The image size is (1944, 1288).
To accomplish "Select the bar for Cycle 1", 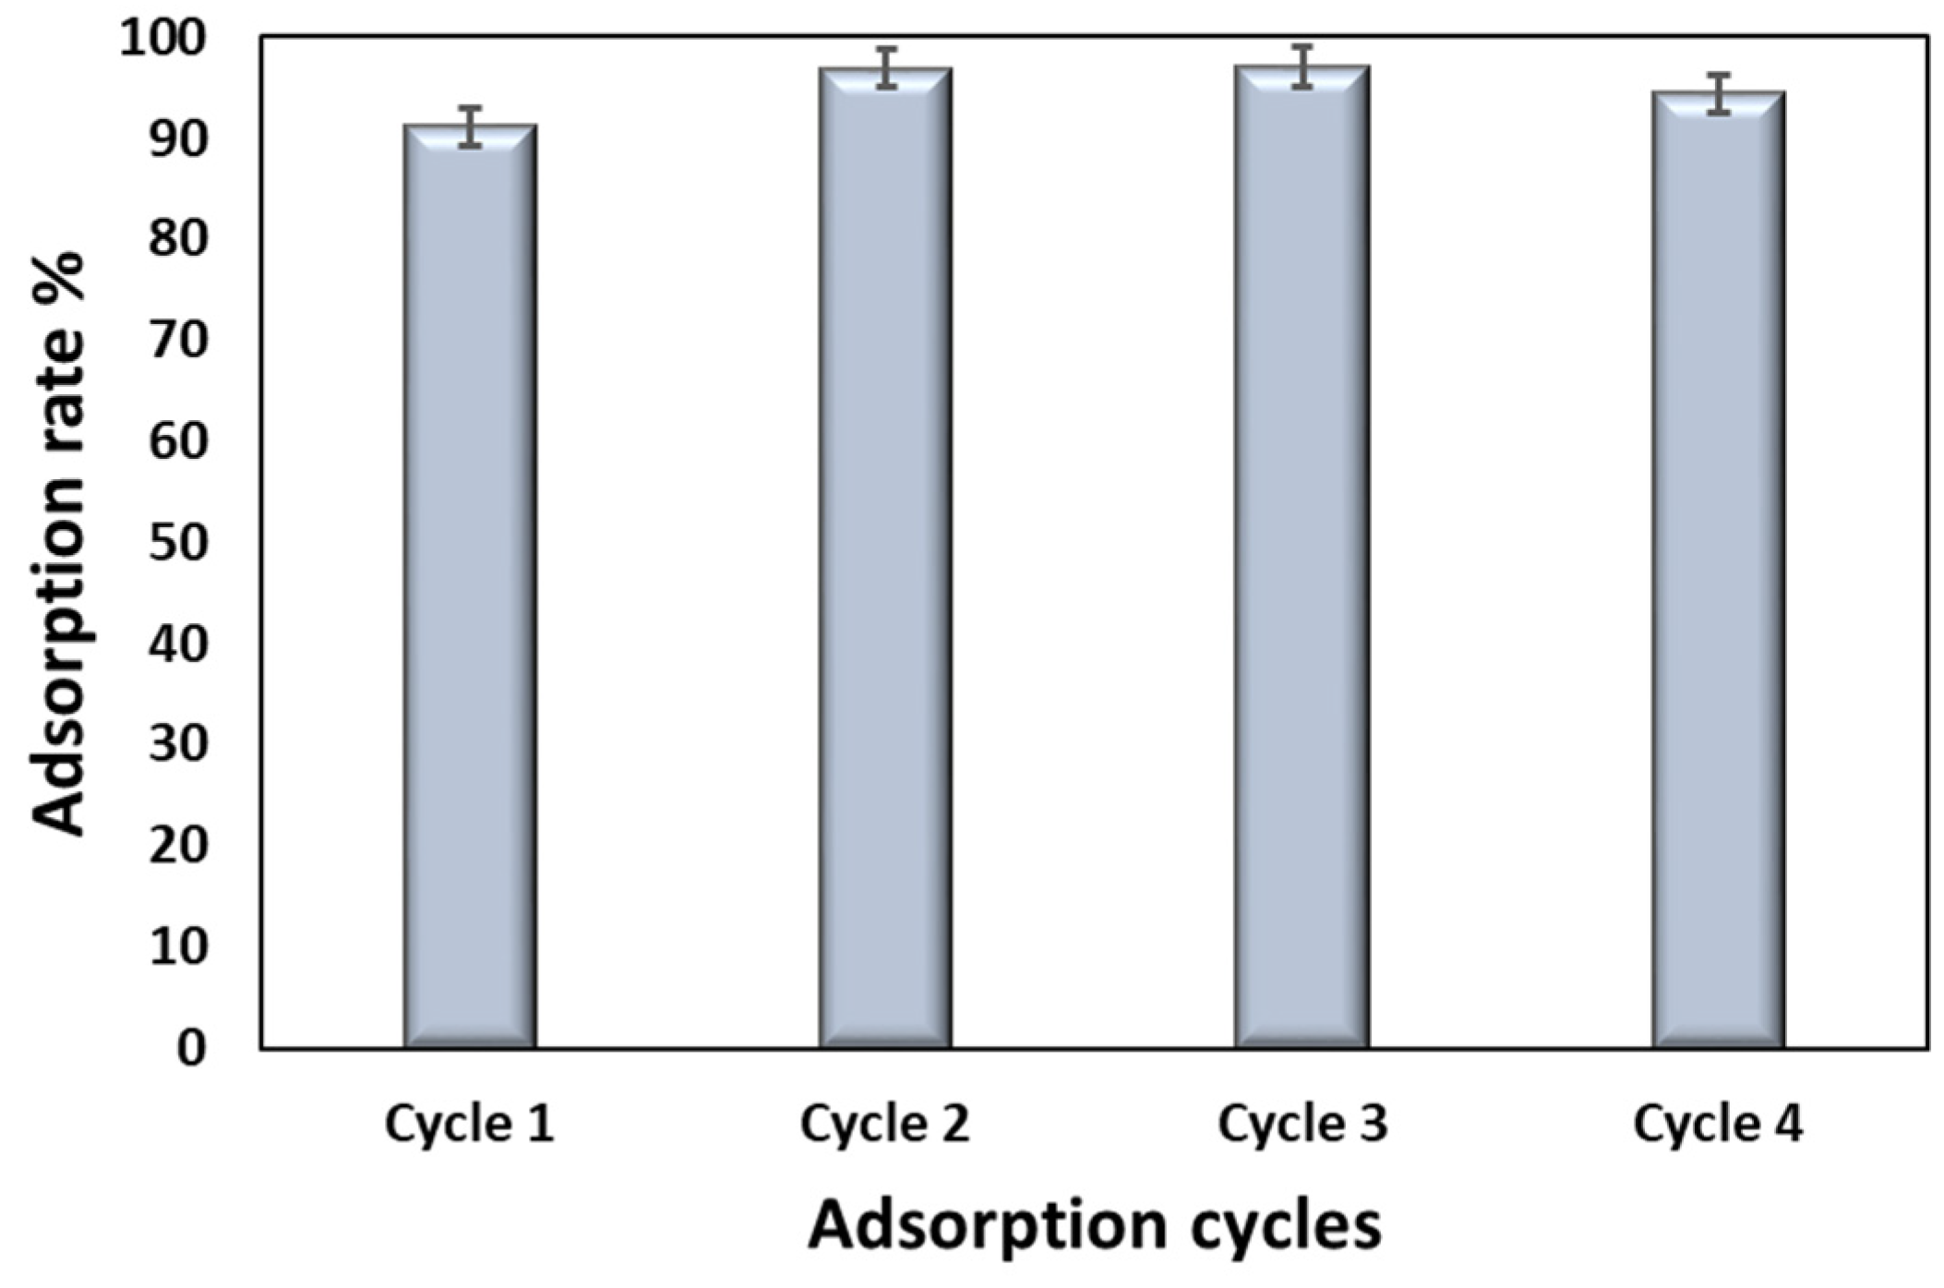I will pos(470,591).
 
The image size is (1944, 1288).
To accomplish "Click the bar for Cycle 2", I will pos(885,563).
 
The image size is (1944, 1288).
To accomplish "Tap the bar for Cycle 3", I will pos(1302,563).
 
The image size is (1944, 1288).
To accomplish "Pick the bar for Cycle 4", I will pos(1718,572).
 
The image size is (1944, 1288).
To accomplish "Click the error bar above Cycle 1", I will pos(471,126).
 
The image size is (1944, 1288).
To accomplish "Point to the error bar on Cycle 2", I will pos(886,67).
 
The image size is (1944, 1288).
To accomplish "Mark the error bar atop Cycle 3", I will pos(1302,66).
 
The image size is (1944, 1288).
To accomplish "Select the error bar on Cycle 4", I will pos(1718,93).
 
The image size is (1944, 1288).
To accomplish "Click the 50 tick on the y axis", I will pos(176,543).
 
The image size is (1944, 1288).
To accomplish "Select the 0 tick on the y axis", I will pos(191,1049).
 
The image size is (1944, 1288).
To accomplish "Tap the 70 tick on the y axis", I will pos(176,342).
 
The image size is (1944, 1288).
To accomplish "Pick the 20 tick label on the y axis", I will pos(176,846).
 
